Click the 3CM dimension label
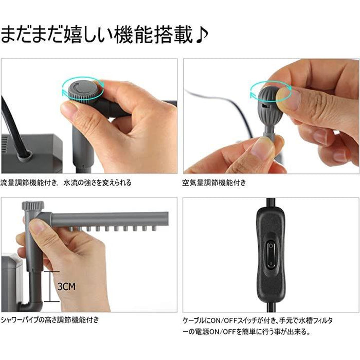pyautogui.click(x=66, y=284)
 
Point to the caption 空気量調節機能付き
pyautogui.click(x=214, y=182)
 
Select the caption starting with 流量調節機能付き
pyautogui.click(x=66, y=182)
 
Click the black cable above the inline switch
pyautogui.click(x=269, y=203)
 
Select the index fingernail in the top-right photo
pyautogui.click(x=291, y=99)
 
